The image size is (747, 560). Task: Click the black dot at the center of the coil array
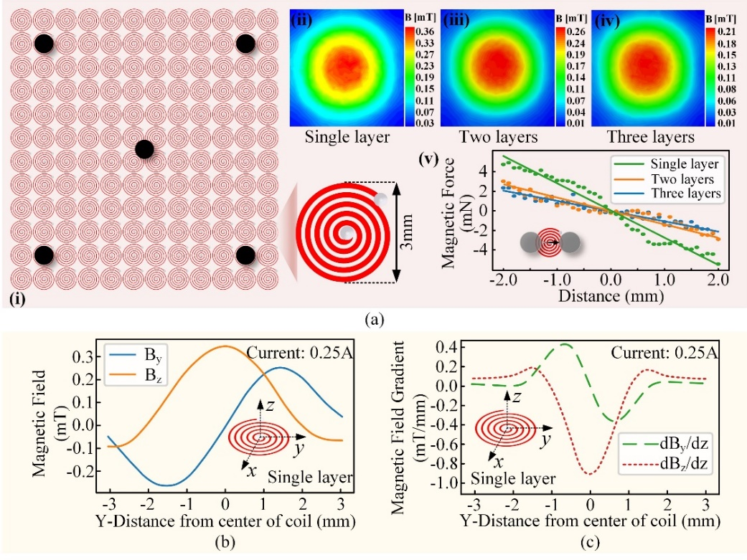pyautogui.click(x=144, y=150)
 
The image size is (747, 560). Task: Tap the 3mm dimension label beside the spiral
pyautogui.click(x=406, y=232)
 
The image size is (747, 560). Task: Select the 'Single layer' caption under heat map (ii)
pyautogui.click(x=347, y=137)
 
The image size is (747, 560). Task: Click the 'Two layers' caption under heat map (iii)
pyautogui.click(x=498, y=137)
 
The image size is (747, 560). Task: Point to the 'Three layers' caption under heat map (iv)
pyautogui.click(x=650, y=137)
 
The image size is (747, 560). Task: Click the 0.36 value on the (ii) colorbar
pyautogui.click(x=425, y=32)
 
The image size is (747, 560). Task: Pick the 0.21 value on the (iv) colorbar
pyautogui.click(x=726, y=32)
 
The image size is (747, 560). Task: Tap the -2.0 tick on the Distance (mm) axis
pyautogui.click(x=504, y=280)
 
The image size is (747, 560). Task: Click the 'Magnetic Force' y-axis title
pyautogui.click(x=448, y=214)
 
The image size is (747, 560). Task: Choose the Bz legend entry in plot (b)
pyautogui.click(x=135, y=375)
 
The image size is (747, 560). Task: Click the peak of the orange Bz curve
pyautogui.click(x=225, y=346)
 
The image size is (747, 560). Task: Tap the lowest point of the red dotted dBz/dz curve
pyautogui.click(x=590, y=474)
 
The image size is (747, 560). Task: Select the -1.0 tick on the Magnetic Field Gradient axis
pyautogui.click(x=445, y=483)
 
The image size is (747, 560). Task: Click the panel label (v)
pyautogui.click(x=428, y=158)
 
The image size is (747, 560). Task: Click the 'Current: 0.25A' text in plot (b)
pyautogui.click(x=300, y=353)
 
